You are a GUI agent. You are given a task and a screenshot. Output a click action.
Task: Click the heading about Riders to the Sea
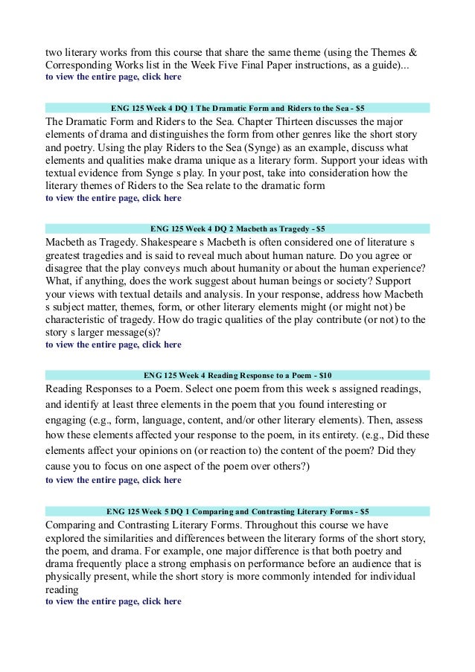[x=237, y=107]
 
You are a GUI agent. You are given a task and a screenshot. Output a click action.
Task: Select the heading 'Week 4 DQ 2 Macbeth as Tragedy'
[x=237, y=228]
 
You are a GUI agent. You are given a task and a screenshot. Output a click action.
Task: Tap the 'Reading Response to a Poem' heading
[x=237, y=374]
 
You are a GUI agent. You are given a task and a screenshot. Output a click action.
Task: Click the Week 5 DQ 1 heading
[x=237, y=512]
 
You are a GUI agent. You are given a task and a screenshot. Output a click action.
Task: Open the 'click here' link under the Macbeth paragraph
[x=162, y=345]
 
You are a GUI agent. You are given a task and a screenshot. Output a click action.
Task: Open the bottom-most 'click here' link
[x=162, y=601]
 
